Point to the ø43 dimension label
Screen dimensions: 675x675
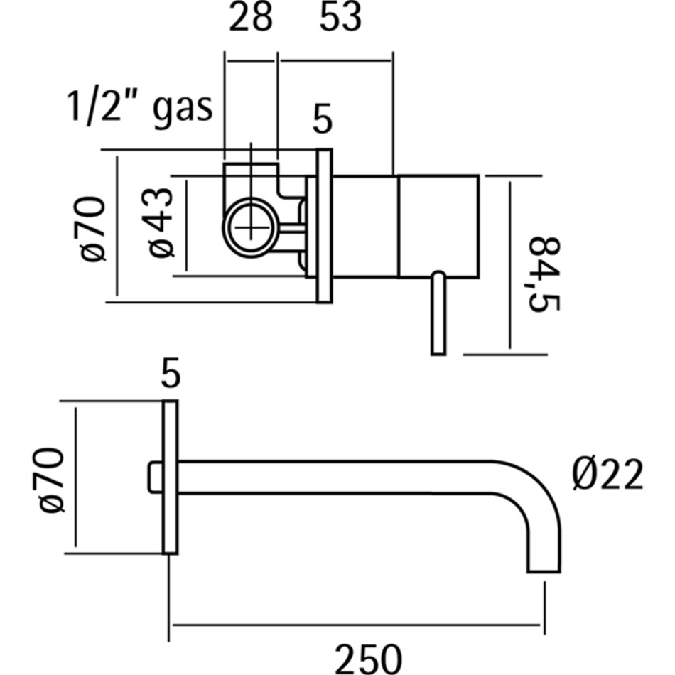coord(160,223)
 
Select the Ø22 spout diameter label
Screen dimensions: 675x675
coord(607,474)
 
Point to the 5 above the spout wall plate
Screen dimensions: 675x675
coord(170,374)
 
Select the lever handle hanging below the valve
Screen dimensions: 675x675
coord(438,313)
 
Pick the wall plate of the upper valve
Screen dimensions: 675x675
coord(324,226)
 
